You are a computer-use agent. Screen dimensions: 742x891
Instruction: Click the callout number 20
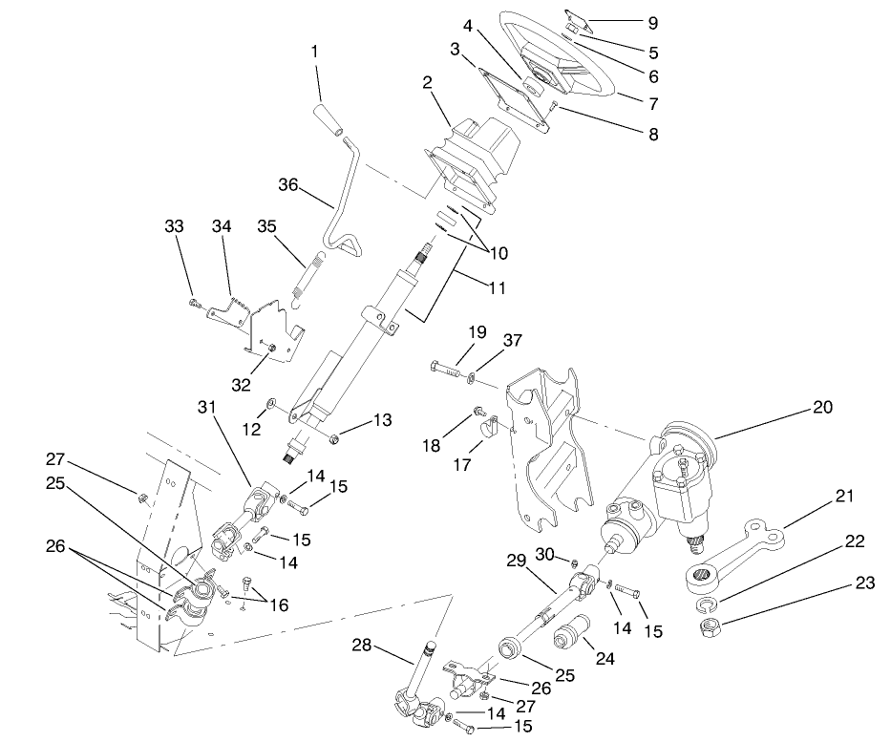(x=822, y=408)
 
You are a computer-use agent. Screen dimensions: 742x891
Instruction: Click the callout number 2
(x=428, y=83)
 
